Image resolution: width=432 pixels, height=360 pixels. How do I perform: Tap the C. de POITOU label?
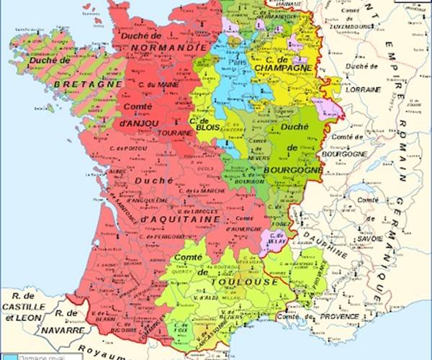(130, 148)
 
